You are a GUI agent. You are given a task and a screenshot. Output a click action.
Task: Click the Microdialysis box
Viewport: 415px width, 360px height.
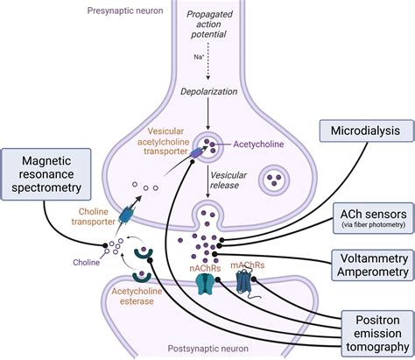click(367, 131)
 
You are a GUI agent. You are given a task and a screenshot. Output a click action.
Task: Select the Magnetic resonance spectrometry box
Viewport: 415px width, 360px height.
click(46, 174)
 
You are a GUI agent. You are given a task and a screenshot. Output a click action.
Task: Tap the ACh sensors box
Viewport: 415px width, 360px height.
click(373, 218)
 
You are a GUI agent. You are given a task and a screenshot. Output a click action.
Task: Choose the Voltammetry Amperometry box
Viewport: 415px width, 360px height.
click(373, 265)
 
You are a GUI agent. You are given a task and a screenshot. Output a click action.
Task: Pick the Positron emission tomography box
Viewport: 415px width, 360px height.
click(377, 334)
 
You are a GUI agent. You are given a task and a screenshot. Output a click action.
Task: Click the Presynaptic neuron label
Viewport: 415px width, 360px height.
click(125, 11)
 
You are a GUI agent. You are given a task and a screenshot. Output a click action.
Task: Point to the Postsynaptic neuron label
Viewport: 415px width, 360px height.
click(208, 349)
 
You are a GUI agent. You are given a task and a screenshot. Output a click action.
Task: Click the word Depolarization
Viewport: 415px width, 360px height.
click(208, 91)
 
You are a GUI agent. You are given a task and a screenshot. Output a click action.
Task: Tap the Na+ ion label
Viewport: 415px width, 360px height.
click(199, 57)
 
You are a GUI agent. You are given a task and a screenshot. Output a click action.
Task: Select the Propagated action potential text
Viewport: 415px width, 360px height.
click(209, 25)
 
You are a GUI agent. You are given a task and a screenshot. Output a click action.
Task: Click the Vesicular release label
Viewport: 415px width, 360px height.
click(229, 180)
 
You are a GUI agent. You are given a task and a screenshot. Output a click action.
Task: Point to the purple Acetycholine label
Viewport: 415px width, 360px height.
click(258, 145)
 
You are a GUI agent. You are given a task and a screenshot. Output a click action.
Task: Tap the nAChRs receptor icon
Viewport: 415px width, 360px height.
click(206, 283)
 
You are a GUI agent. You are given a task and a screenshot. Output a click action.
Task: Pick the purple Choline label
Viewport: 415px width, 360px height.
click(86, 262)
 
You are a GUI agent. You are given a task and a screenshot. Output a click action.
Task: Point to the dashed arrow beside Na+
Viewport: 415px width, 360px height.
click(208, 61)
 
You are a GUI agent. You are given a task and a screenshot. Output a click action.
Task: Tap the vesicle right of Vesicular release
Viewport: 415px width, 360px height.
click(273, 180)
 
